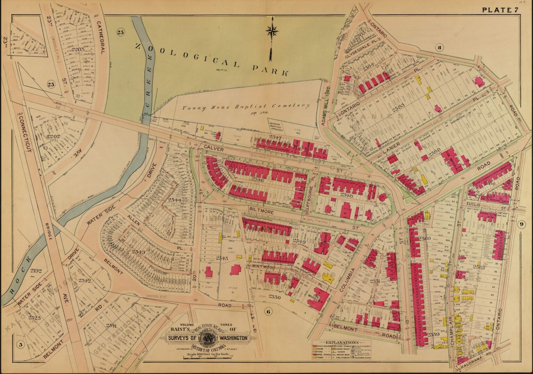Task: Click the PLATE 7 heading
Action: tap(500, 10)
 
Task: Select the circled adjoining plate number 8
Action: tap(440, 48)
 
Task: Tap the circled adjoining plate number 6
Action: tap(268, 311)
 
